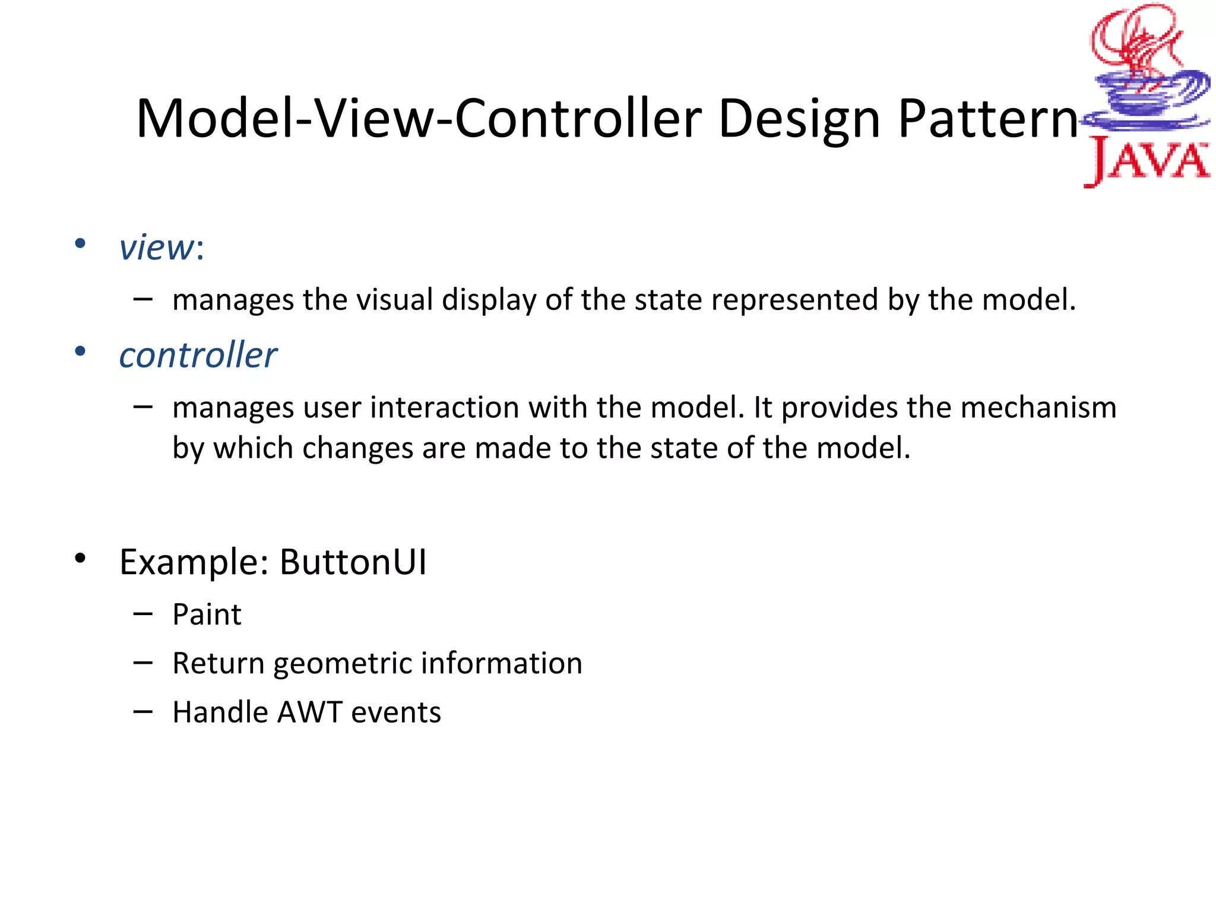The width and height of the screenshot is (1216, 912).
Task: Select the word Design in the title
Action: (799, 120)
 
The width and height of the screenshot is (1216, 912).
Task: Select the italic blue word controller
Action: (198, 356)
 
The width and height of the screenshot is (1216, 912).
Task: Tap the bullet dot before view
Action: (80, 243)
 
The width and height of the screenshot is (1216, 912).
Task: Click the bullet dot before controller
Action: (80, 351)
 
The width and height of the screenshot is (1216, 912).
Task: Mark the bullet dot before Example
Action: (80, 558)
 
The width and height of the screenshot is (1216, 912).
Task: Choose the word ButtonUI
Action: (353, 562)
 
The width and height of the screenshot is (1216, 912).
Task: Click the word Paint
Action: (207, 615)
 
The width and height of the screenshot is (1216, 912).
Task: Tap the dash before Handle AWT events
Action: (143, 711)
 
